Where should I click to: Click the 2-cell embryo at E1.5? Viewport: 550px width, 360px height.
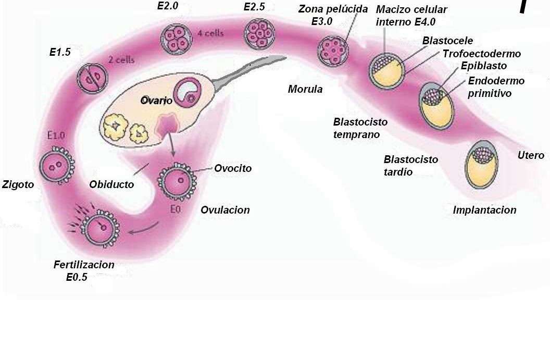[x=92, y=79]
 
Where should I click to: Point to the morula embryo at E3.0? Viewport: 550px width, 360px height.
[x=332, y=50]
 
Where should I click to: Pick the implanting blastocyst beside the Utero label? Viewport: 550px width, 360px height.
[x=481, y=161]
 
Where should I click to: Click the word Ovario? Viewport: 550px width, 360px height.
[x=156, y=100]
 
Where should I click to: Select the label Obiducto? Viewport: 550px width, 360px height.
[x=111, y=184]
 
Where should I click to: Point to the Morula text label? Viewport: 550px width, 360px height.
[x=305, y=89]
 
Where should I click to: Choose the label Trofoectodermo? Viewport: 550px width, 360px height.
[x=481, y=54]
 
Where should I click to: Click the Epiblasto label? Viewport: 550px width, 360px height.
[x=483, y=66]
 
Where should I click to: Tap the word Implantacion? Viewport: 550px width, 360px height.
[x=484, y=210]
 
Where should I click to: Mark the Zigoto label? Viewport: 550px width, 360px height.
[x=18, y=184]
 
